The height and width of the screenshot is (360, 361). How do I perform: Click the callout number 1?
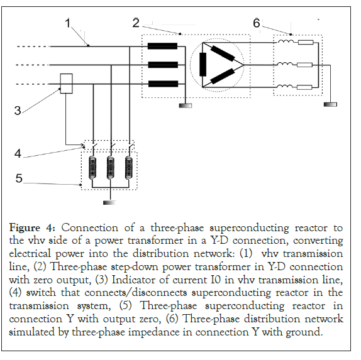tap(67, 23)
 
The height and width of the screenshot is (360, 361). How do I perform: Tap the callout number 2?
tap(136, 23)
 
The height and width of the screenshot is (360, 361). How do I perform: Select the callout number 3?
tap(18, 111)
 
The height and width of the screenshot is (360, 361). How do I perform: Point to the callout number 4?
tap(18, 153)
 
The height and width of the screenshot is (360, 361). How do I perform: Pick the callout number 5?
tap(19, 178)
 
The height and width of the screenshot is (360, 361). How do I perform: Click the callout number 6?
tap(257, 23)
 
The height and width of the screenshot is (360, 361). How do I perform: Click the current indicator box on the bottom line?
tap(66, 84)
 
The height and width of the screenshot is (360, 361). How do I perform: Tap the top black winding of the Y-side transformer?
tap(162, 46)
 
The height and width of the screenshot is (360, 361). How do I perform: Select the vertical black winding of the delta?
tap(203, 65)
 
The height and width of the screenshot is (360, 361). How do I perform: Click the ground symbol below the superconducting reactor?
tap(109, 203)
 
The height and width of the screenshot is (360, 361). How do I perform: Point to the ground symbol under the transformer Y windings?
tap(186, 106)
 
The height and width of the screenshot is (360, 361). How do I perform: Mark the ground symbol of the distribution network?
tap(330, 105)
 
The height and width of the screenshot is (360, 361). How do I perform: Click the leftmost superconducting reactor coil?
tap(92, 168)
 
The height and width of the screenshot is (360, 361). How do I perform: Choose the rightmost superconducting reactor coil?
tap(129, 168)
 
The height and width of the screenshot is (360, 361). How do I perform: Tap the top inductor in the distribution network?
tap(286, 41)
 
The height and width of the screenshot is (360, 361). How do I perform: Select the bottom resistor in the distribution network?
tap(304, 87)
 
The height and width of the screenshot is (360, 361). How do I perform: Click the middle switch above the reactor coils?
tap(113, 146)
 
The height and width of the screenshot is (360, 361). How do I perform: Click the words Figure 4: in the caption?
tap(32, 228)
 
